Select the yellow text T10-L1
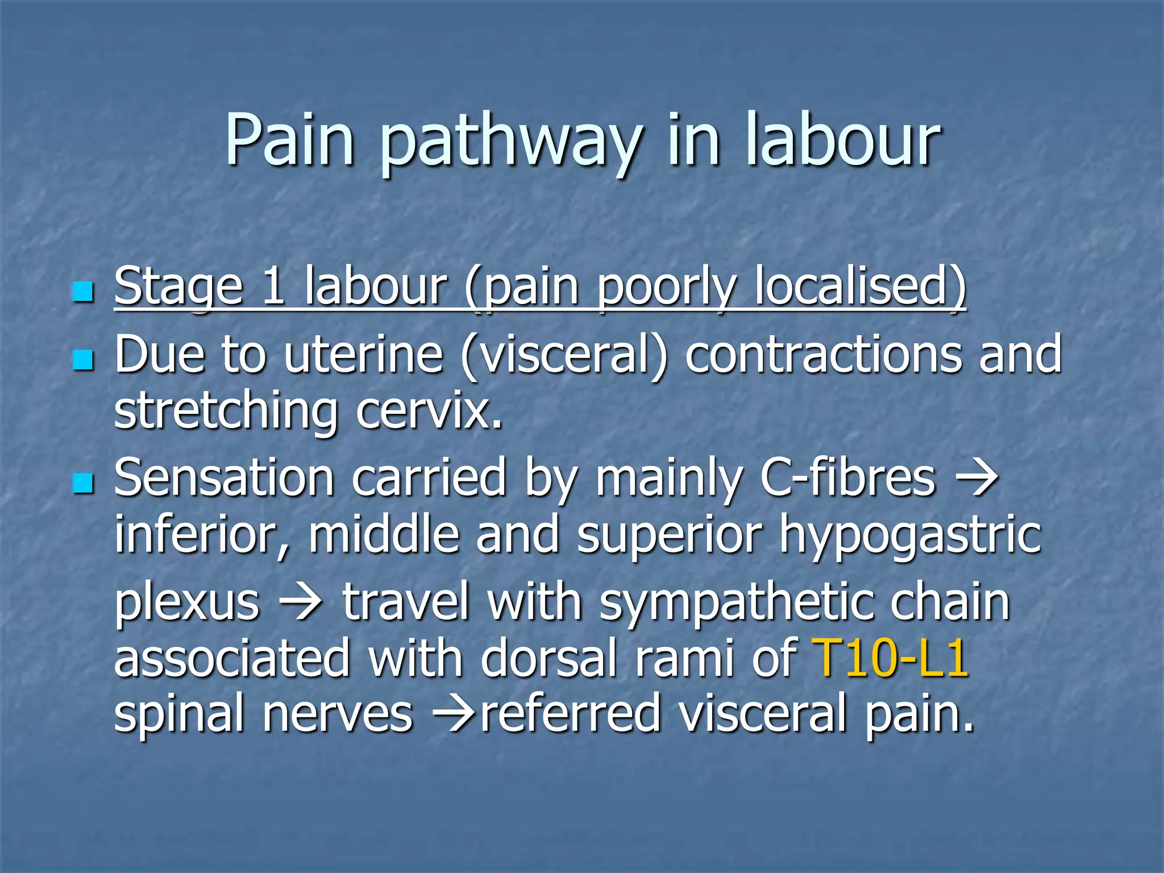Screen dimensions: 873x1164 (890, 658)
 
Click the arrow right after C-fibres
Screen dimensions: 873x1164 (977, 479)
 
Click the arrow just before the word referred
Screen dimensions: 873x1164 (455, 714)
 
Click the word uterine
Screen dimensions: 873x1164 (364, 355)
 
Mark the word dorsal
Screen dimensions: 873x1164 (548, 658)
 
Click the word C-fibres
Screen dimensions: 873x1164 (847, 479)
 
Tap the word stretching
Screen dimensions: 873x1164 (226, 412)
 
